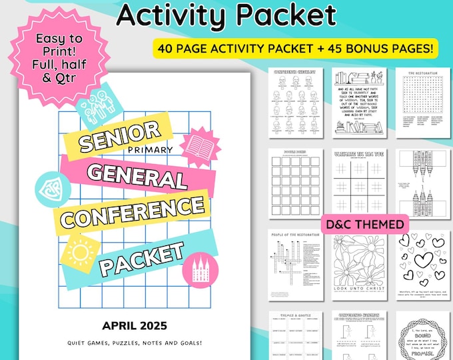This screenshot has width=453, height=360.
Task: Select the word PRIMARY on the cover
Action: (153, 149)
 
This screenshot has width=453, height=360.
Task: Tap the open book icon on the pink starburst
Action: (199, 145)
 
